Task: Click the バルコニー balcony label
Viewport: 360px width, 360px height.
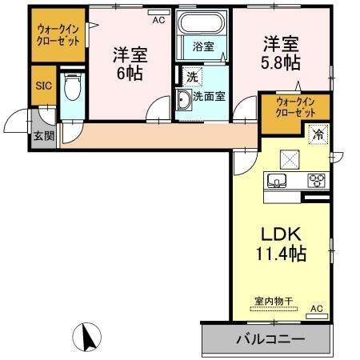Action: point(270,338)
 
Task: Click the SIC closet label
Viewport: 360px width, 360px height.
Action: point(43,83)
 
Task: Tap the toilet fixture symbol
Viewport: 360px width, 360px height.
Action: point(72,86)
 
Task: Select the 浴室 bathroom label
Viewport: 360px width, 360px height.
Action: point(203,47)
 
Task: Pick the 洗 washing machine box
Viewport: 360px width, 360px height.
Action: point(192,78)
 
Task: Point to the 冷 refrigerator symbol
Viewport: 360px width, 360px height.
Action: point(318,136)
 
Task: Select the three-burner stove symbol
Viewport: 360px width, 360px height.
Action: point(317,179)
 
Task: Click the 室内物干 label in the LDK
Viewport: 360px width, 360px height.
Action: point(274,302)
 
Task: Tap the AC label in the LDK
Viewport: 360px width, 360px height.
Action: point(316,308)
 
